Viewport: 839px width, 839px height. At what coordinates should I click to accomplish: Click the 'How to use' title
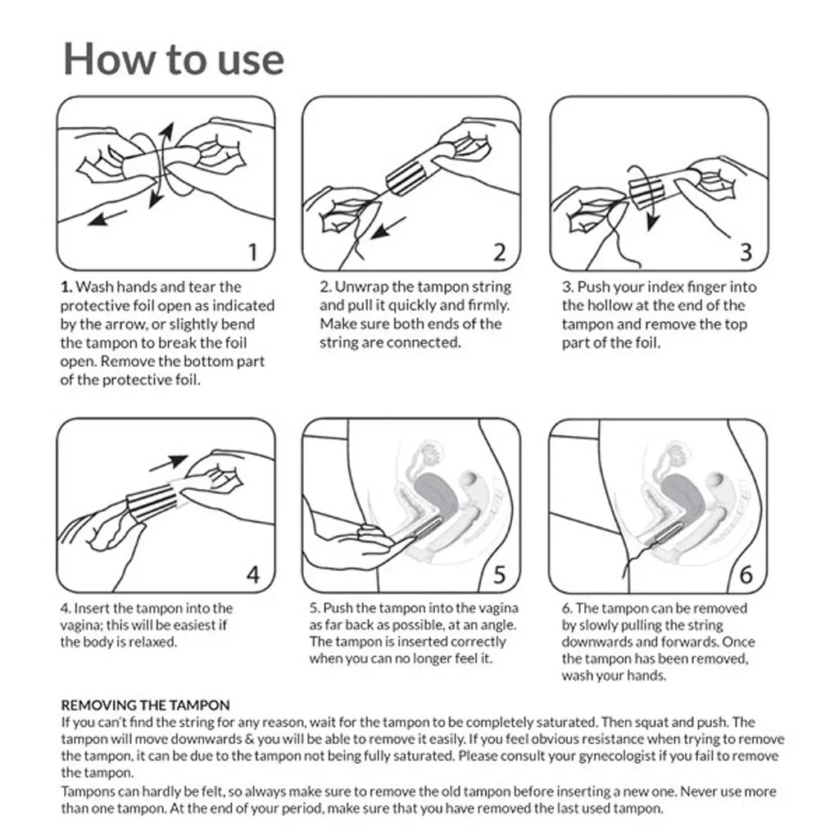click(174, 59)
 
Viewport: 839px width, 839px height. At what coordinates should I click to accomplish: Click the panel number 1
click(253, 252)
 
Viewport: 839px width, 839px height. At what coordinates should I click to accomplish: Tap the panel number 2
click(499, 252)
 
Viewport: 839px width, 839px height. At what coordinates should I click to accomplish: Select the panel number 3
click(746, 252)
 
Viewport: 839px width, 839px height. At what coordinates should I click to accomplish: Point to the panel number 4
click(253, 574)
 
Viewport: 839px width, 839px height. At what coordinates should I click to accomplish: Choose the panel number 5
click(499, 574)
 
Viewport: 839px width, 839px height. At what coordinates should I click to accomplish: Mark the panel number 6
click(746, 574)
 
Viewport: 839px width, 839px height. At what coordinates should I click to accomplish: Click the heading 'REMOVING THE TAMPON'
click(146, 705)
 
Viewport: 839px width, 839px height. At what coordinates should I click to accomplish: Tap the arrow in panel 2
click(388, 228)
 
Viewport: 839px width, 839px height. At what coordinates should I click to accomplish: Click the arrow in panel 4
click(169, 464)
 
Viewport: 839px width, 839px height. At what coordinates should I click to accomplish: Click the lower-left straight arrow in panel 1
click(107, 217)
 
